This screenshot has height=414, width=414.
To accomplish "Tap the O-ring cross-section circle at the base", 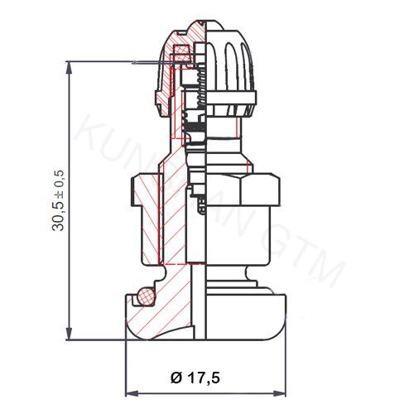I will (x=145, y=294).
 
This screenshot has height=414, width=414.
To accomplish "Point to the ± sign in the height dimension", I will (x=59, y=180).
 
